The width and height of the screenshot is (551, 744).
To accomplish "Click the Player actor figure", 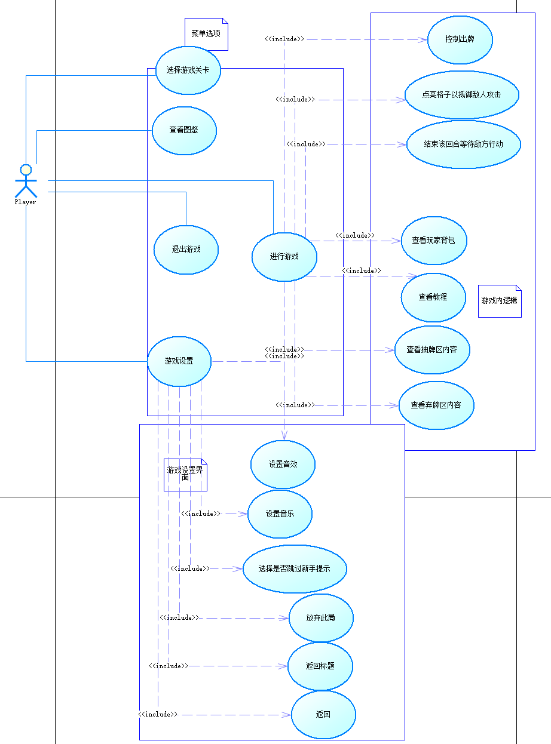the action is click(26, 181).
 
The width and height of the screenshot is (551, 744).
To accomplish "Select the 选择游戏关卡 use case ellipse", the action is click(188, 70).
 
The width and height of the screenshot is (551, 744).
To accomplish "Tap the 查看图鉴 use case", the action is click(184, 131).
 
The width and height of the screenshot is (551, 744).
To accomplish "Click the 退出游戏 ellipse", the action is click(186, 250).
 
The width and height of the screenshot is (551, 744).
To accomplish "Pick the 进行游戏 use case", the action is click(284, 257).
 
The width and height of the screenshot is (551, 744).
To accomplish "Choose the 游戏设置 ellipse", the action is click(179, 361).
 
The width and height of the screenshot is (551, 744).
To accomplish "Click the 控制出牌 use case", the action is click(460, 39).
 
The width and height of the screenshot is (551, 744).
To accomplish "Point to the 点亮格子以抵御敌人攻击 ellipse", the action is click(462, 95).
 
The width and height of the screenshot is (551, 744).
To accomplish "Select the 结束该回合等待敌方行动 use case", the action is click(464, 145).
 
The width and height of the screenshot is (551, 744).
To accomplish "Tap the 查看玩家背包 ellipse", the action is click(434, 241).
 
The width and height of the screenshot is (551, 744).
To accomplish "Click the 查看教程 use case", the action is click(433, 297).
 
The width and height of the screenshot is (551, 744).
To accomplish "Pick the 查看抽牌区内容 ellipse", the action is click(432, 350).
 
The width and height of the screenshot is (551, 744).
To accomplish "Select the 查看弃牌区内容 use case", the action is click(436, 405).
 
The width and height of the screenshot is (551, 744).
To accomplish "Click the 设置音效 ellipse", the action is click(283, 464).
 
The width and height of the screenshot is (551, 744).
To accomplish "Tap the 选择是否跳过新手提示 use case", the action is click(295, 569).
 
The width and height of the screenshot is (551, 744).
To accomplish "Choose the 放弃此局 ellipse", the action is click(321, 618).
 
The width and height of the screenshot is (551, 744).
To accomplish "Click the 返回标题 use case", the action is click(320, 666).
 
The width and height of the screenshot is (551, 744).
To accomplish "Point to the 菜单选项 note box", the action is click(206, 34).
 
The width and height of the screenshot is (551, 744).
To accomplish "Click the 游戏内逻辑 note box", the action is click(500, 301).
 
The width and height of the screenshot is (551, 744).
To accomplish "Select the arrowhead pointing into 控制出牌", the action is click(423, 39).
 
